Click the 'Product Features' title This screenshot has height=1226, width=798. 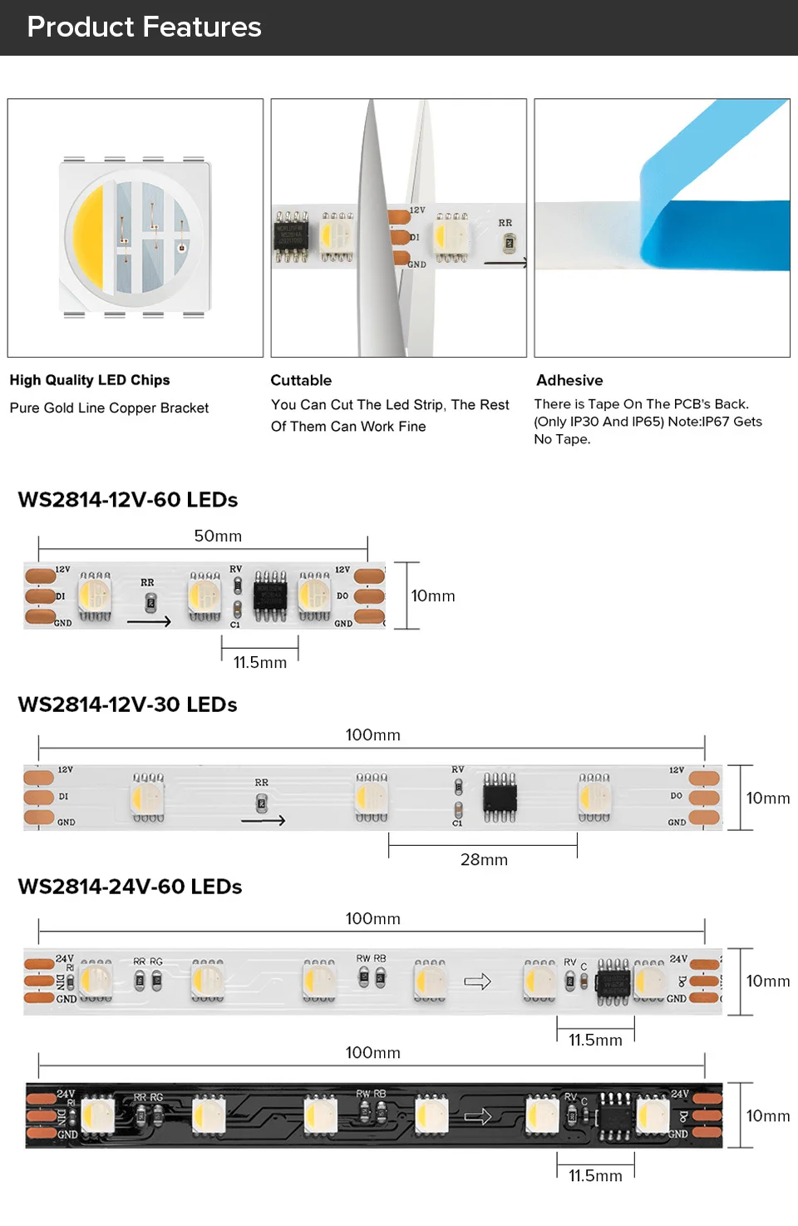pos(144,27)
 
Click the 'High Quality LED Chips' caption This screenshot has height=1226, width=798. pos(90,380)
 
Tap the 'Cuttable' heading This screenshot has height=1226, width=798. pos(301,380)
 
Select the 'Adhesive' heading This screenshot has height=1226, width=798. pos(569,380)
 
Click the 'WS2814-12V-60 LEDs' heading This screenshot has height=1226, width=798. pos(128,500)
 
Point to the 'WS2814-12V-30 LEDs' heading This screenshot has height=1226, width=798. pos(128,704)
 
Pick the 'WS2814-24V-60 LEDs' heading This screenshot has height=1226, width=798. pos(130,887)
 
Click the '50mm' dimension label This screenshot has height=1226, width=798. pos(218,536)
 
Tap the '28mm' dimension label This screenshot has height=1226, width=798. pos(484,860)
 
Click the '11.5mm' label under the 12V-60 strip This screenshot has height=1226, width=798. pos(259,663)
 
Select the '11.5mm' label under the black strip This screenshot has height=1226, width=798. pos(595,1176)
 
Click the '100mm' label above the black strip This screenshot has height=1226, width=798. pos(372,1053)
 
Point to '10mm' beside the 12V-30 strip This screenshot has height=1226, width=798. pos(768,798)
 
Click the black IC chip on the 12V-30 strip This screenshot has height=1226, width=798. pos(500,798)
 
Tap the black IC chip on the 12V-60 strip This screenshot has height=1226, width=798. pos(270,596)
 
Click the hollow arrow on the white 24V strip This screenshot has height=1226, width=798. pos(477,982)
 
